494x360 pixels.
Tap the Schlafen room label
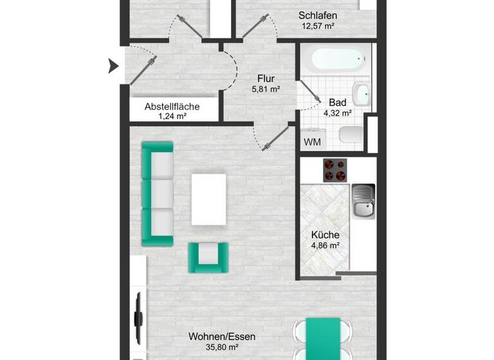(318, 15)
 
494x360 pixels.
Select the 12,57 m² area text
(318, 26)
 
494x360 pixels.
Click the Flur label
(266, 78)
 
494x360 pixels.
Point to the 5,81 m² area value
(266, 89)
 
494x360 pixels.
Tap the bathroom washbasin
(362, 94)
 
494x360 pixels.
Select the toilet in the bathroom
(351, 135)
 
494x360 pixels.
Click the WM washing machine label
(312, 141)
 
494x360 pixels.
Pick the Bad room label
(337, 102)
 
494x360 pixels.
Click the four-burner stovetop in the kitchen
(334, 170)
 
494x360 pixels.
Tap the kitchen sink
(363, 200)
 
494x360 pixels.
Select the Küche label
(325, 235)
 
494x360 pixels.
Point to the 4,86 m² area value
(325, 246)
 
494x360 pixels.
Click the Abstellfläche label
(172, 107)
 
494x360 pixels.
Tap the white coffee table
(209, 199)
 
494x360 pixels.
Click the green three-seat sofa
(158, 194)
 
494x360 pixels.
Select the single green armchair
(207, 256)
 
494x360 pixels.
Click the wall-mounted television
(137, 318)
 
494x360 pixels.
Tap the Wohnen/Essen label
(214, 336)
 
